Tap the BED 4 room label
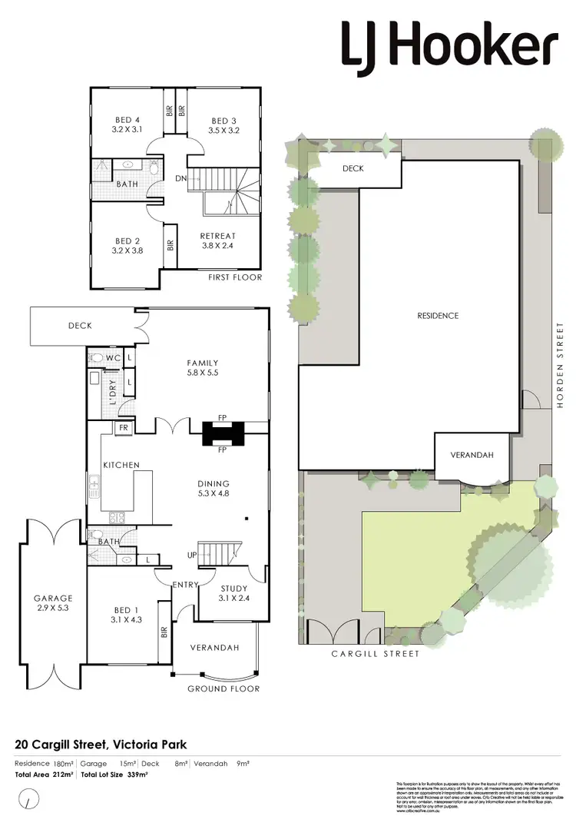(127, 121)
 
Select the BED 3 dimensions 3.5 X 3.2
(224, 131)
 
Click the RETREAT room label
(217, 236)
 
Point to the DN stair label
(182, 178)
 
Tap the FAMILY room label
(203, 363)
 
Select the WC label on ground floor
(112, 358)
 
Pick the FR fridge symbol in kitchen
(122, 427)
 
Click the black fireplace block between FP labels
(221, 434)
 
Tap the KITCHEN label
(121, 465)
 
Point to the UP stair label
(192, 556)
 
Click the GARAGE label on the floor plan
(52, 599)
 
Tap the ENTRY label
(185, 585)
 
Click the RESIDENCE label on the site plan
(438, 316)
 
